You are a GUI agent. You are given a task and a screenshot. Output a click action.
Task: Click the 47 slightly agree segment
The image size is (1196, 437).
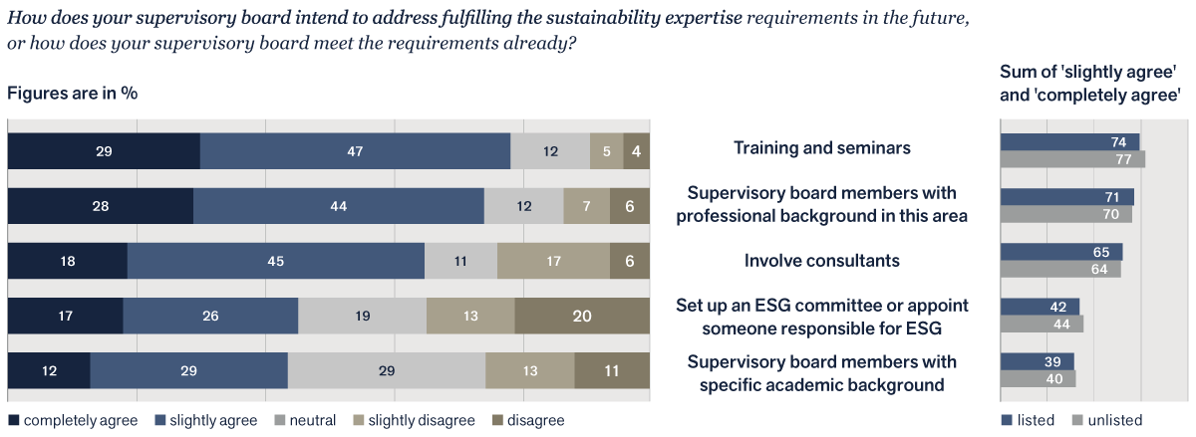click(355, 151)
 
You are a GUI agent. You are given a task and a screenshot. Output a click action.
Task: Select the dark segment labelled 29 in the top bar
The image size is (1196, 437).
click(104, 151)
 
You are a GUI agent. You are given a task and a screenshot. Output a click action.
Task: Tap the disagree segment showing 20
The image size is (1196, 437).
click(582, 317)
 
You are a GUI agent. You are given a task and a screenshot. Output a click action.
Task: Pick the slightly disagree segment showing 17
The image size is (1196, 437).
click(553, 262)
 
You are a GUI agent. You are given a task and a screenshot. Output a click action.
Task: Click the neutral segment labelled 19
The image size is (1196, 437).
click(362, 317)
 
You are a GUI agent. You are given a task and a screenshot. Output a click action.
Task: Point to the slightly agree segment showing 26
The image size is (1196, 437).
click(210, 317)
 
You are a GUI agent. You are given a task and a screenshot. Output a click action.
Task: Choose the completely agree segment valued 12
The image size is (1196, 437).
click(49, 371)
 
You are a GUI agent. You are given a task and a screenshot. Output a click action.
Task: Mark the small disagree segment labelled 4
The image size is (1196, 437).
click(637, 151)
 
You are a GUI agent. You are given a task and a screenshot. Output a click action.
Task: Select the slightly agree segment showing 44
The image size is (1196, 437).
click(339, 206)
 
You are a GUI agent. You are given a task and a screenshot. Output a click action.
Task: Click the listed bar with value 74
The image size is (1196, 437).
click(1069, 142)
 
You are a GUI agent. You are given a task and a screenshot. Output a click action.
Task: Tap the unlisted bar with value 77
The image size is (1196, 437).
click(1072, 159)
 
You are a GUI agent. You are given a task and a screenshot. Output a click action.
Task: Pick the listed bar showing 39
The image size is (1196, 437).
click(1037, 361)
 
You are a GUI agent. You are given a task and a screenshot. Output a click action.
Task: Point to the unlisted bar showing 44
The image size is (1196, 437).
click(1042, 324)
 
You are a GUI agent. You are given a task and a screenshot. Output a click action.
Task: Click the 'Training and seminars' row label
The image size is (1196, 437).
click(822, 148)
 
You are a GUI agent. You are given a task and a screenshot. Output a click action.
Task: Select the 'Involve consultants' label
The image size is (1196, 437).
click(822, 261)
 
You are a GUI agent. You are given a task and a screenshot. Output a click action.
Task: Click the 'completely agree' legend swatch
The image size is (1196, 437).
click(13, 421)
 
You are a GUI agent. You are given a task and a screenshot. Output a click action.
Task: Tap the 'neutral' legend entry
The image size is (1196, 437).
click(307, 421)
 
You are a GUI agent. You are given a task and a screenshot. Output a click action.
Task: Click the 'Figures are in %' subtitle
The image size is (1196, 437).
click(72, 93)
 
